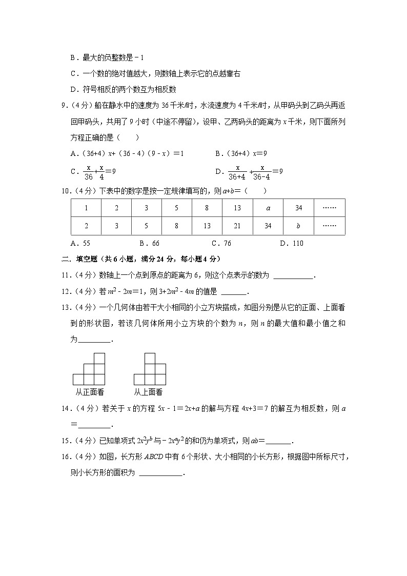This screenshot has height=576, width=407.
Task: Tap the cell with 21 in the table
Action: click(x=237, y=226)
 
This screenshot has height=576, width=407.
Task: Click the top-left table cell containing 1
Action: click(x=86, y=208)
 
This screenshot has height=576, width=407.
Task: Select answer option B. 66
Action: click(x=149, y=244)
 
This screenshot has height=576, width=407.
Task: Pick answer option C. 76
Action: click(x=221, y=244)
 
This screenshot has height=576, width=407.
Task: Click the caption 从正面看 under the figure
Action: click(x=90, y=392)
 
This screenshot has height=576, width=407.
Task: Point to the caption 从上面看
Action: click(x=148, y=392)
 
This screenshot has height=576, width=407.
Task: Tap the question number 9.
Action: click(x=64, y=106)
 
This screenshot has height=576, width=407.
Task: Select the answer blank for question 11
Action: click(x=293, y=276)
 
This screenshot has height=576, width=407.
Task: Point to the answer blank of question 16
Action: click(x=160, y=474)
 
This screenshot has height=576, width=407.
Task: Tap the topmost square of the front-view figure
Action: click(x=99, y=358)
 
